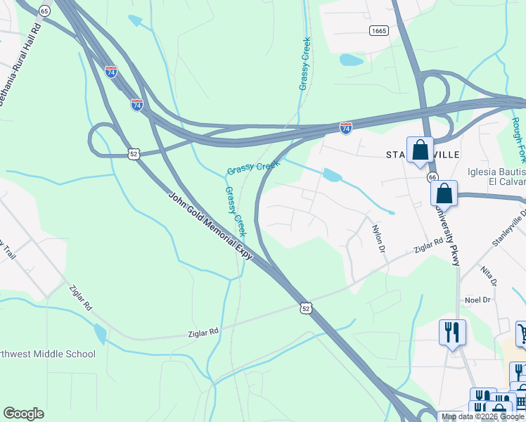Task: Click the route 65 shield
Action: (45, 11)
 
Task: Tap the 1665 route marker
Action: (379, 30)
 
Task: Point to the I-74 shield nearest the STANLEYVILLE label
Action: (345, 128)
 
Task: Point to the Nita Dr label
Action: (489, 273)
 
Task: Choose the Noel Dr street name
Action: (477, 300)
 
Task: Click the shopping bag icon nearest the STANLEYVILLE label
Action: (420, 151)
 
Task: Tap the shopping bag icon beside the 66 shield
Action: (444, 193)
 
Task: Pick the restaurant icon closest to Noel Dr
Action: (452, 331)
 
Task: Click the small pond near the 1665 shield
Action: (351, 60)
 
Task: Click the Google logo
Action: (23, 414)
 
